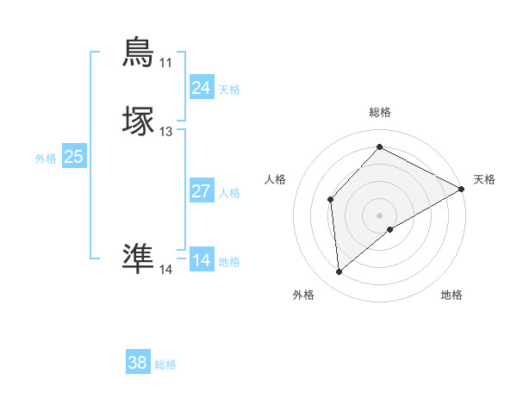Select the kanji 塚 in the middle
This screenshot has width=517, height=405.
[139, 121]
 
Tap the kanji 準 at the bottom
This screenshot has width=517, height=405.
[139, 258]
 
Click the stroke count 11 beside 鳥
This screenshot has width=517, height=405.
[165, 63]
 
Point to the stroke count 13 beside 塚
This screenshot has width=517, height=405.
[165, 132]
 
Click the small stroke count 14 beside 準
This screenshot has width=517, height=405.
[165, 270]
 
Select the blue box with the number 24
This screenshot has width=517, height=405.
[201, 88]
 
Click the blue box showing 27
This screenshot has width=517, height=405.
[201, 191]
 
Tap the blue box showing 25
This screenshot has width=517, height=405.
[73, 157]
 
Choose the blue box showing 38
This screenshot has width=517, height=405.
[137, 363]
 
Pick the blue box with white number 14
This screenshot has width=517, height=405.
[201, 260]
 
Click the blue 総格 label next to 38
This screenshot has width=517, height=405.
[165, 364]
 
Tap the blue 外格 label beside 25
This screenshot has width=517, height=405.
[46, 159]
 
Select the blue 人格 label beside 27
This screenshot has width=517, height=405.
[230, 193]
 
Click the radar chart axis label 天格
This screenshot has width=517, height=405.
[484, 179]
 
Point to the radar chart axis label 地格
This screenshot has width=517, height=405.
[452, 295]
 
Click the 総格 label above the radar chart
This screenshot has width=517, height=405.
[380, 112]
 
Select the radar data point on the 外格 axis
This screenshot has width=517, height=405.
[339, 272]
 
